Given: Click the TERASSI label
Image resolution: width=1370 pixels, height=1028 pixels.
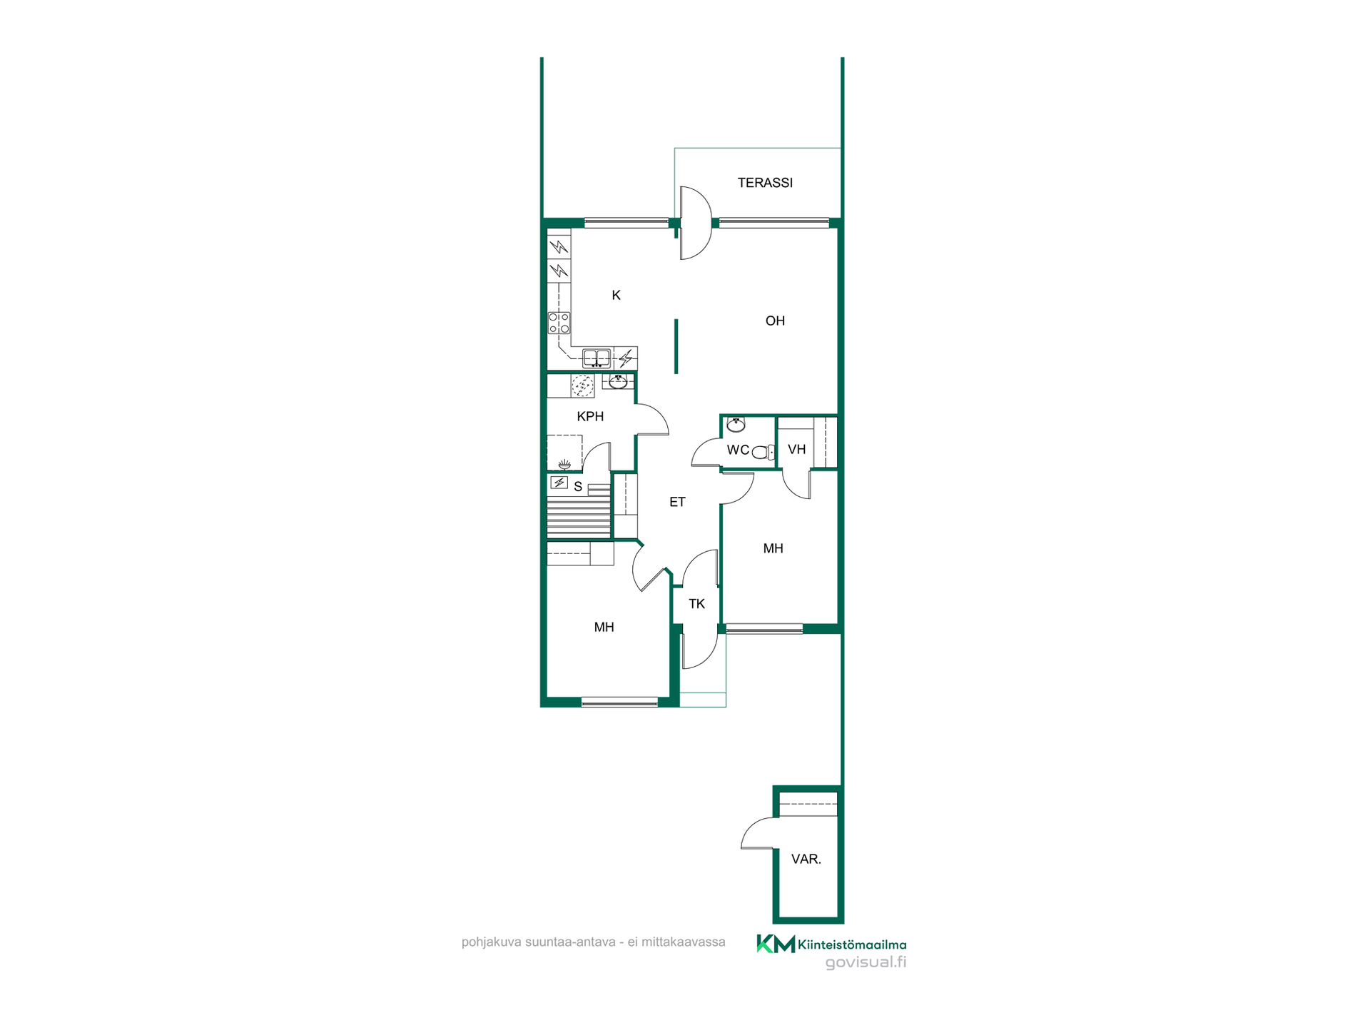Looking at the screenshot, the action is coord(765,183).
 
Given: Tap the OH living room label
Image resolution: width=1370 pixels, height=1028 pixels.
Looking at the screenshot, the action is coord(775,321).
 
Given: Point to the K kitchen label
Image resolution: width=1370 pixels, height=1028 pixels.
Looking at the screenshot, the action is coord(616,296).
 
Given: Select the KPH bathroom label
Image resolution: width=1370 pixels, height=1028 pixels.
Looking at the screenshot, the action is coord(590,416).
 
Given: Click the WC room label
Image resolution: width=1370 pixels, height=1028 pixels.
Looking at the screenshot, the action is coord(738,450).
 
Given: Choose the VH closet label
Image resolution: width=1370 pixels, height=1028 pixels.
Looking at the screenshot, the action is coord(796,449).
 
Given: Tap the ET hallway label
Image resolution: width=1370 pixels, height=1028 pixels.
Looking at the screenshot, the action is coord(677,502).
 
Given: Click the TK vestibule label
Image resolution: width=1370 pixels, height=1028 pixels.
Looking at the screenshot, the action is coord(696,604).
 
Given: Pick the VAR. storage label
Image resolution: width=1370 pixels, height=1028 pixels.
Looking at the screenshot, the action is coord(806,859).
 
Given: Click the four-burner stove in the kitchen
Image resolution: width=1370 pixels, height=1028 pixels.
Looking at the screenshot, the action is coord(559,323).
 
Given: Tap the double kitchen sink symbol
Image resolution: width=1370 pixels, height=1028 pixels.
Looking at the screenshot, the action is coord(597,358).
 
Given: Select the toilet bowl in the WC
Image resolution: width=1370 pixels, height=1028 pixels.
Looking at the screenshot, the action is coord(763,452).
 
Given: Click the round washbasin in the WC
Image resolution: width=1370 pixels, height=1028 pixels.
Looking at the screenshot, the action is coord(736,425).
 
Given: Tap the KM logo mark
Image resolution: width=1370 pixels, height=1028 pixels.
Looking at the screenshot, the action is coord(776,944).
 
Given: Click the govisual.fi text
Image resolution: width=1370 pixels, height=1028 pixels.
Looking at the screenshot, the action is coord(866,962).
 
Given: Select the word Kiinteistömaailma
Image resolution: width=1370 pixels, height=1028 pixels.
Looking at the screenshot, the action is coord(852,944).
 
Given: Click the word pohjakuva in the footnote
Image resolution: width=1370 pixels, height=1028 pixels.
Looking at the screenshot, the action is coord(492,942).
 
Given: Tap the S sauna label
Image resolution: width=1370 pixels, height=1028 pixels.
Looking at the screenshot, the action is coord(578,487).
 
